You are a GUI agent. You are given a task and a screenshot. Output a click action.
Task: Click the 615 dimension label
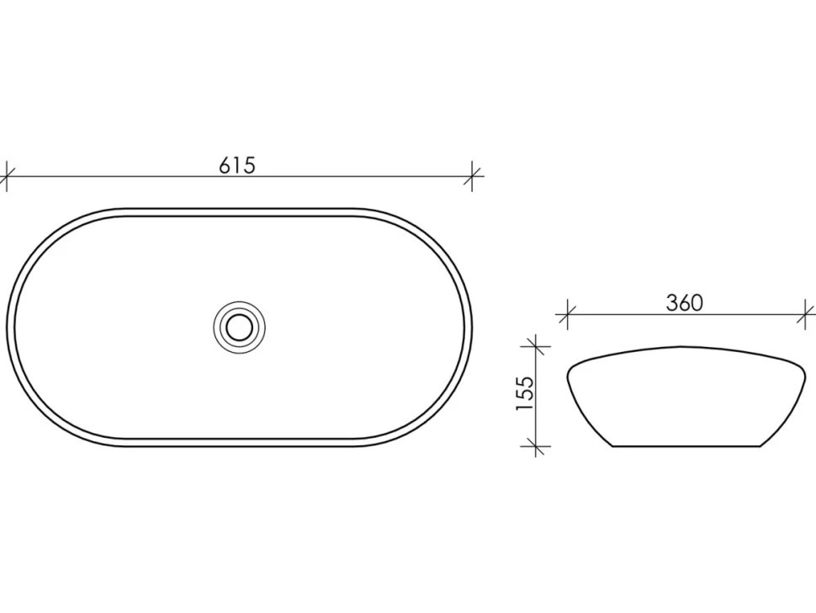tap(237, 165)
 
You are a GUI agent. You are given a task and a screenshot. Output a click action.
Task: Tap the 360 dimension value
tap(684, 302)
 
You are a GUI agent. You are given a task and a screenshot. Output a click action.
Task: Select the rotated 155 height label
tap(525, 393)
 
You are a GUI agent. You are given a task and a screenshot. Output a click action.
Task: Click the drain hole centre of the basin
tap(240, 327)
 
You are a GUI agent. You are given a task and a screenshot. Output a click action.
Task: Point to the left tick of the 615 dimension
tap(6, 176)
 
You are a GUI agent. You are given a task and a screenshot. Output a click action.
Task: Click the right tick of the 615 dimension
tap(472, 176)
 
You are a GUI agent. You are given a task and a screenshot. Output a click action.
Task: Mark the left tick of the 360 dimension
tap(567, 314)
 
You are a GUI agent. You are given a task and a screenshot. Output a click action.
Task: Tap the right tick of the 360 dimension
tap(806, 314)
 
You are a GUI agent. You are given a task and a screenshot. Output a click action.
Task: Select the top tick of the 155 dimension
tap(536, 346)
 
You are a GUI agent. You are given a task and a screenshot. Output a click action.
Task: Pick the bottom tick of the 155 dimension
tap(536, 446)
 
